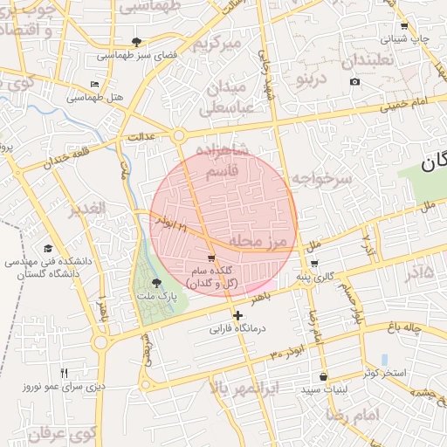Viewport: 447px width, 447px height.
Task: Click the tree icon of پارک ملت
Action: [x=156, y=283]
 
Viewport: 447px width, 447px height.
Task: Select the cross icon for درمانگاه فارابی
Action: [x=237, y=315]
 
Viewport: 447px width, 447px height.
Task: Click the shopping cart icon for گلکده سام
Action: [x=211, y=258]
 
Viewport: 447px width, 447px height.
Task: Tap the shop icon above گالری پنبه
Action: [x=313, y=264]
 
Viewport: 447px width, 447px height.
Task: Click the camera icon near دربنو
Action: [x=354, y=82]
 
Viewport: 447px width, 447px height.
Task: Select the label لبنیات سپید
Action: [x=325, y=390]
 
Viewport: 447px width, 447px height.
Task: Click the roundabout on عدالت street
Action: [x=178, y=135]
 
